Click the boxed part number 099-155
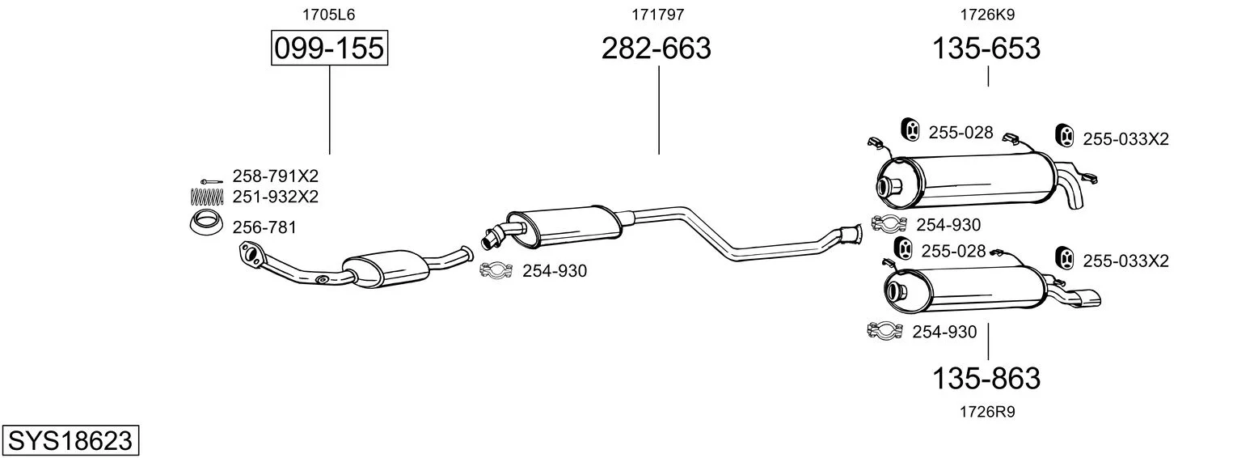[x=329, y=48]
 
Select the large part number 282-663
[x=656, y=48]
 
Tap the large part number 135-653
[x=986, y=48]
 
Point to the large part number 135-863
[x=986, y=379]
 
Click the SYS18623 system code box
[x=70, y=440]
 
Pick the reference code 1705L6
[x=328, y=15]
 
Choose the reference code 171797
[x=657, y=15]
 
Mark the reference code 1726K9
[x=987, y=15]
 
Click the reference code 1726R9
[x=987, y=412]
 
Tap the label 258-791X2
[x=276, y=176]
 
